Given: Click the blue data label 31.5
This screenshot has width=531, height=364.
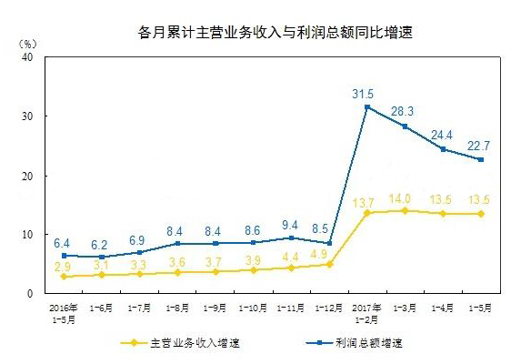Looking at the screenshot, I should point(366,92).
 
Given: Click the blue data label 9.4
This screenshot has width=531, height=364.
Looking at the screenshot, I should point(290,224).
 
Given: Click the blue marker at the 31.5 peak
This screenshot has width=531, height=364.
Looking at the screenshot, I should point(366,107).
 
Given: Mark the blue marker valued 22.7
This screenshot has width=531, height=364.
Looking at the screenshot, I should point(480,159).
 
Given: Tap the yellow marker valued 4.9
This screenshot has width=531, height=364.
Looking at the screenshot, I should point(328,265).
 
